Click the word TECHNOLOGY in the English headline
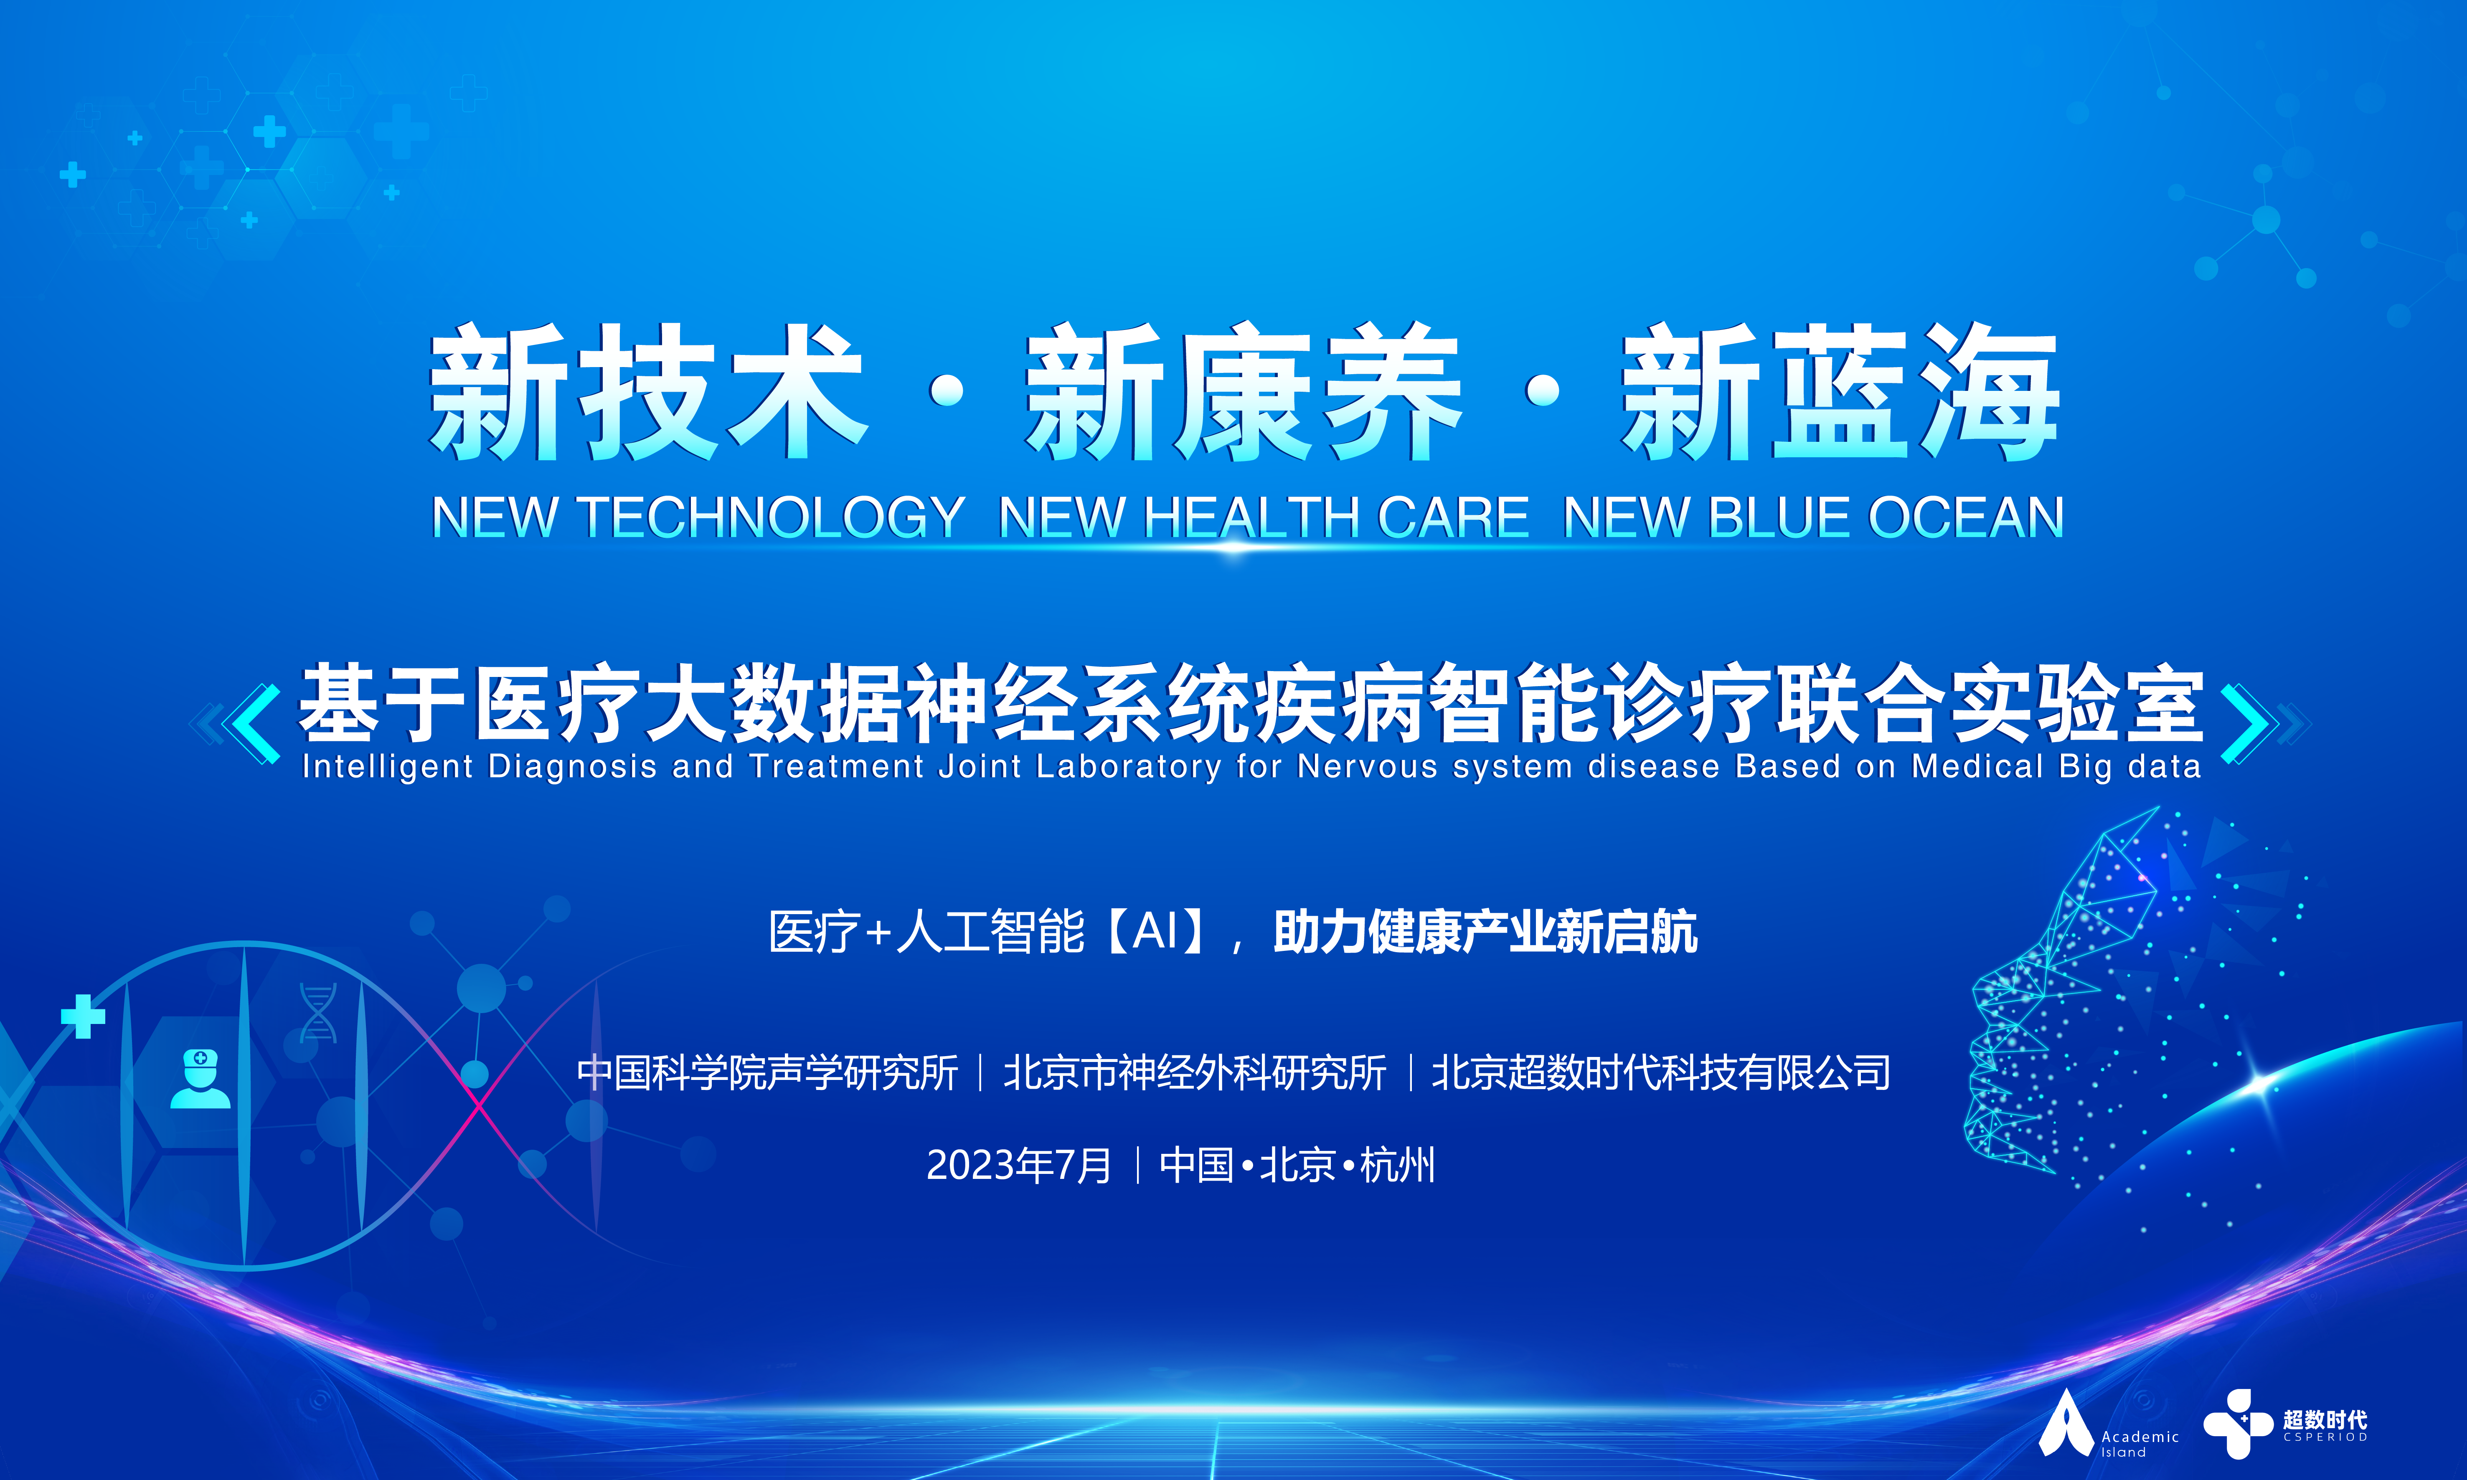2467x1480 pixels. [x=771, y=517]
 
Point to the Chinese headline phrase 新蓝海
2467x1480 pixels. [x=1840, y=392]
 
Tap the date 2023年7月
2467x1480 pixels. [x=1018, y=1165]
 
